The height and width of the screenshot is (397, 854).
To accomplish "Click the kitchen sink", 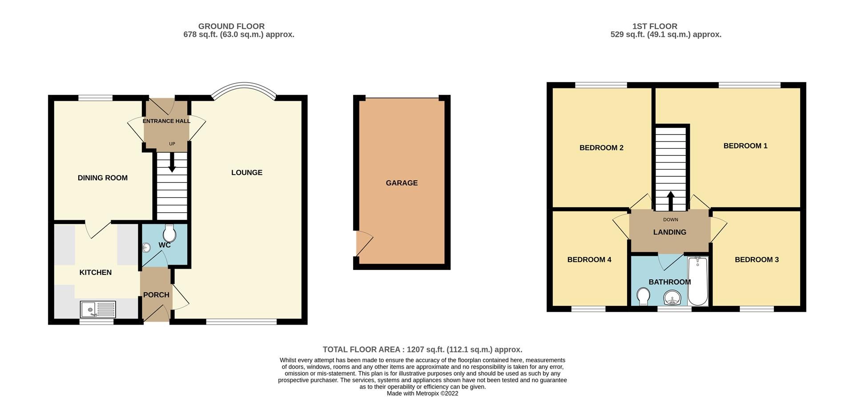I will [x=98, y=309].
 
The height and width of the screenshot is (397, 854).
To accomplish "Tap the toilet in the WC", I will [x=169, y=233].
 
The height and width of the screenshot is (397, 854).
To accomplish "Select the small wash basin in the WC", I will [x=147, y=248].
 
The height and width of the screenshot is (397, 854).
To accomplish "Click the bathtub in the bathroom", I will [x=697, y=281].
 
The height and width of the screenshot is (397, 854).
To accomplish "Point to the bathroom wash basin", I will [x=672, y=298].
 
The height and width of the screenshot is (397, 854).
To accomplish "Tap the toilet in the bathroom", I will [x=643, y=296].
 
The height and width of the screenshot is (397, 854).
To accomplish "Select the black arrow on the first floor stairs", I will [x=670, y=200].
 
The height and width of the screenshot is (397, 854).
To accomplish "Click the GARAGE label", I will [x=402, y=183].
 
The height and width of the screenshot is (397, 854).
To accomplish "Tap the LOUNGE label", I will [x=247, y=173].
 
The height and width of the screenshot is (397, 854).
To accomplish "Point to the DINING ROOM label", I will [x=103, y=178].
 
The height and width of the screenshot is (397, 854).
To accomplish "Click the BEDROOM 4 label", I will [x=589, y=260].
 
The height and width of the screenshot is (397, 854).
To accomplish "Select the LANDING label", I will [x=669, y=232].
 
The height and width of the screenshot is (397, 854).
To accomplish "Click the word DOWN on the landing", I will [x=670, y=220].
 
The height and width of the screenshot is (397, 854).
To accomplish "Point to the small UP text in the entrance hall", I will [x=172, y=144].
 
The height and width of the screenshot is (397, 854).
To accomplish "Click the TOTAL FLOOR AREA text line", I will [x=422, y=349].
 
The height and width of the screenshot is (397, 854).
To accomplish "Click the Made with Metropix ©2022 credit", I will [x=422, y=393].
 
